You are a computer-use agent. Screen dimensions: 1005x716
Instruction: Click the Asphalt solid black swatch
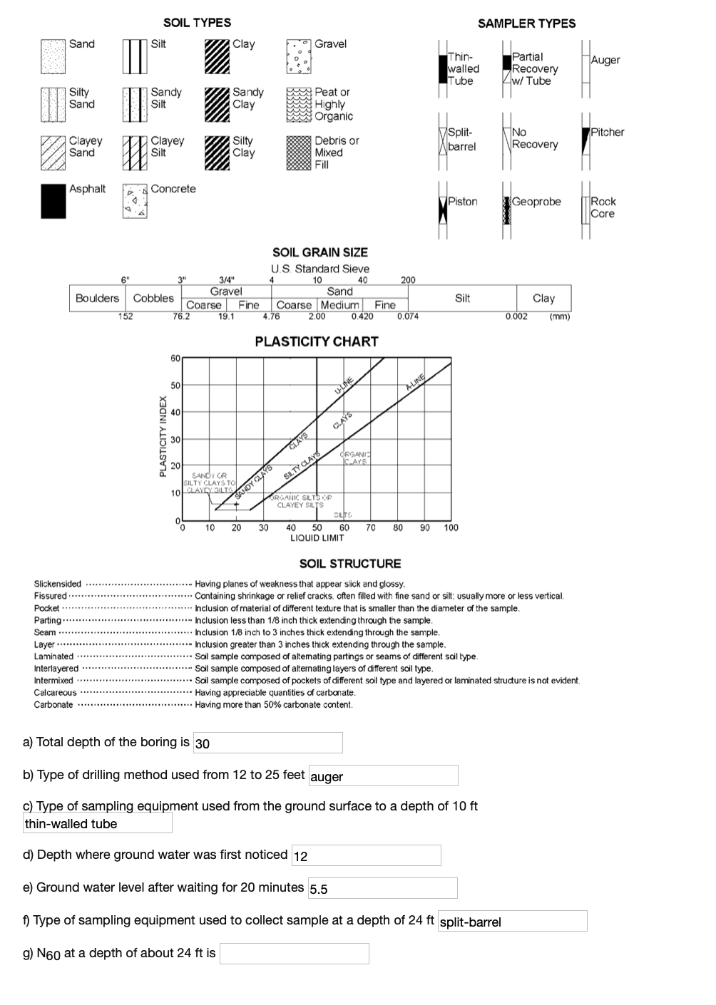coord(53,201)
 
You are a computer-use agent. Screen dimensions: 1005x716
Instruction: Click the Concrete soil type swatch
coord(135,201)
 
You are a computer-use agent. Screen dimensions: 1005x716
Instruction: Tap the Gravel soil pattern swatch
coord(299,56)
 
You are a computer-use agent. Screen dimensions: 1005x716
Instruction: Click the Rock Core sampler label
coord(603,207)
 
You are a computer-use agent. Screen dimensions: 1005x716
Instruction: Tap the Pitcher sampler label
coord(607,133)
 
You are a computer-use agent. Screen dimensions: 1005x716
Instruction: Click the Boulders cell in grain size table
coord(97,299)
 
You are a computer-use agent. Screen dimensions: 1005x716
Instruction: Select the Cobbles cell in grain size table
coord(153,299)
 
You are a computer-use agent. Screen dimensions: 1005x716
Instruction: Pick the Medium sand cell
coord(339,305)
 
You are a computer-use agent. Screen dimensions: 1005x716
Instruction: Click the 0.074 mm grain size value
coord(407,317)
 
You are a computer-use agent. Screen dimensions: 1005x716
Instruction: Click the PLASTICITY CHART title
coord(317,341)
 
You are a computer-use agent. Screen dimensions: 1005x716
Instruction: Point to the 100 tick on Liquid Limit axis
coord(451,528)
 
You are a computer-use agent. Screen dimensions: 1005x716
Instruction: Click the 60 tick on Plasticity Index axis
coord(175,358)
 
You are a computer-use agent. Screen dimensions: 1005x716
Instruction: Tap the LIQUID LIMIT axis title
coord(317,538)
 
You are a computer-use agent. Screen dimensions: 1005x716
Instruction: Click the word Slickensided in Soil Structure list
coord(58,584)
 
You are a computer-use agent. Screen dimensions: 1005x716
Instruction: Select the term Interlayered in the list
coord(56,669)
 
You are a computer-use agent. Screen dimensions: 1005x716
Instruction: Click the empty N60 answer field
coord(294,954)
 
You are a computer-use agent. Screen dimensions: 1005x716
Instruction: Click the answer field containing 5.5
coord(382,888)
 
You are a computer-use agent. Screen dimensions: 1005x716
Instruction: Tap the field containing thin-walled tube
coord(98,823)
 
